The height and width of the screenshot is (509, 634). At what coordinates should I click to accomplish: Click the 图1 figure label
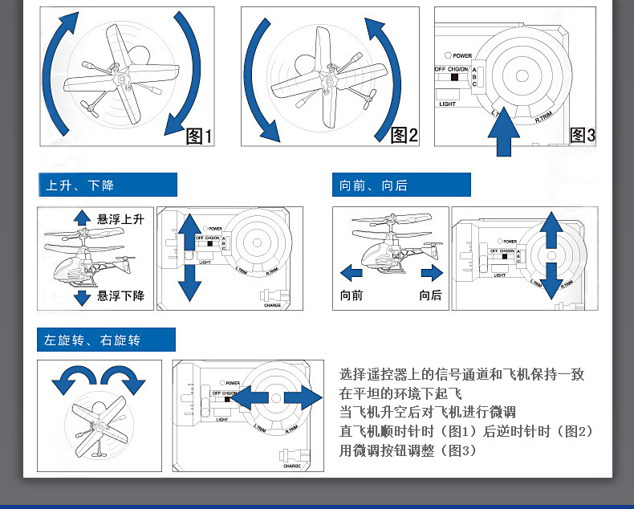point(199,136)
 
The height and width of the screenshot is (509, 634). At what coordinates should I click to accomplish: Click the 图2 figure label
point(404,136)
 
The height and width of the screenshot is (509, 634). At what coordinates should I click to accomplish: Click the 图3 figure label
point(583,136)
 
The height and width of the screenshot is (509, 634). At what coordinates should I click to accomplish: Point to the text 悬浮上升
point(120,218)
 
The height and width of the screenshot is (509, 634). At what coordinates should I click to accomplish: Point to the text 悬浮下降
point(120,296)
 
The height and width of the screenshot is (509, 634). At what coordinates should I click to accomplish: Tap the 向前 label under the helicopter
point(352,295)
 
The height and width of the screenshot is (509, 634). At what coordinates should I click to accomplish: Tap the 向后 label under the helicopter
point(430,295)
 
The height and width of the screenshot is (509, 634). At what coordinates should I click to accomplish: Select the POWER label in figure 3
point(461,55)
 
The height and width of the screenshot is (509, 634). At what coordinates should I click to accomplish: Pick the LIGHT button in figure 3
point(447,104)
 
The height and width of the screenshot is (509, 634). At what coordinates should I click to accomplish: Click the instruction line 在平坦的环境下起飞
point(401,393)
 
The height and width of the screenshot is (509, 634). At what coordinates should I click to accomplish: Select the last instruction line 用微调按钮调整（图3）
point(408,451)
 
